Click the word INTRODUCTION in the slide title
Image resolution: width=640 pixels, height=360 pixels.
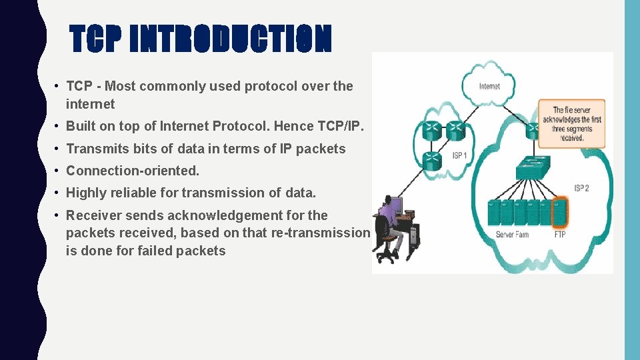pos(230,40)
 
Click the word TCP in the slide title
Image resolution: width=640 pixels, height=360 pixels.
pos(97,40)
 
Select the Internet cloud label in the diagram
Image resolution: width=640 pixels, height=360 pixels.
pos(490,86)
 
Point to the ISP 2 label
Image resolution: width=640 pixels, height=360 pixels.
pos(582,187)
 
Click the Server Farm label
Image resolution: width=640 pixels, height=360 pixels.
pos(512,235)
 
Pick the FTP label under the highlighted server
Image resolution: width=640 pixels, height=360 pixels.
pos(561,235)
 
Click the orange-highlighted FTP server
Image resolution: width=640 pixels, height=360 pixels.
pos(560,211)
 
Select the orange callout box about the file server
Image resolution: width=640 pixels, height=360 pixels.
pos(572,123)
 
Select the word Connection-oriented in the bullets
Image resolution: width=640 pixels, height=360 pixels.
pos(133,171)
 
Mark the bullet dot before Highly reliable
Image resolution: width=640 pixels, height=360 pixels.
pos(59,193)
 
